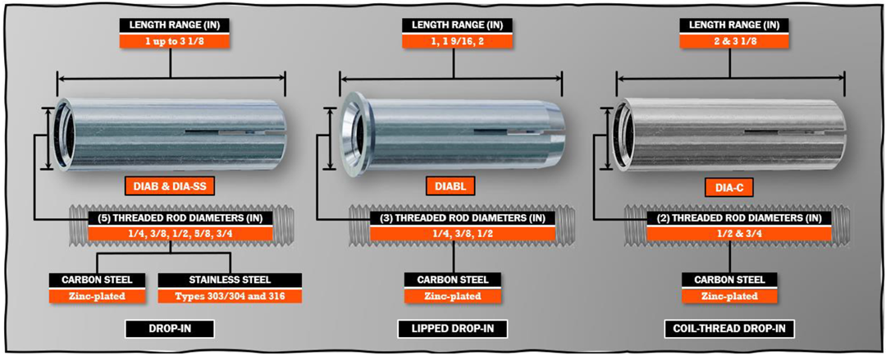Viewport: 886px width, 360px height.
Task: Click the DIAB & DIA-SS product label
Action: (x=171, y=187)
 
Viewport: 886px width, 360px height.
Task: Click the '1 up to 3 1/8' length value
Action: (x=171, y=40)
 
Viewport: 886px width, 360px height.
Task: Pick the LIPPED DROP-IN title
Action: (x=454, y=330)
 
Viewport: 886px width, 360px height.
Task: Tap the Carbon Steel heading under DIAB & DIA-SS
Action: (x=98, y=279)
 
